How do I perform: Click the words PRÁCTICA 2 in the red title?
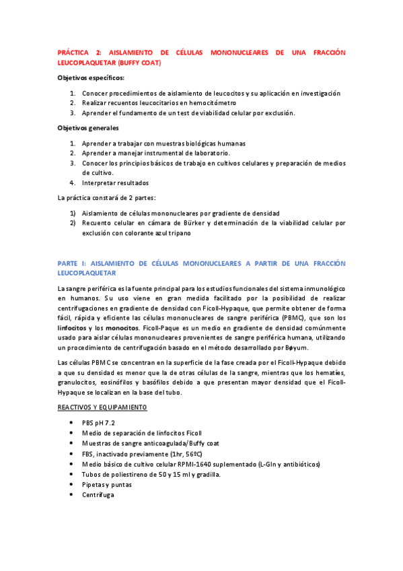(78, 52)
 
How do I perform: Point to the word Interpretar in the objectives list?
(101, 182)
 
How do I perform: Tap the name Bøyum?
(295, 347)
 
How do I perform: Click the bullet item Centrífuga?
(98, 495)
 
